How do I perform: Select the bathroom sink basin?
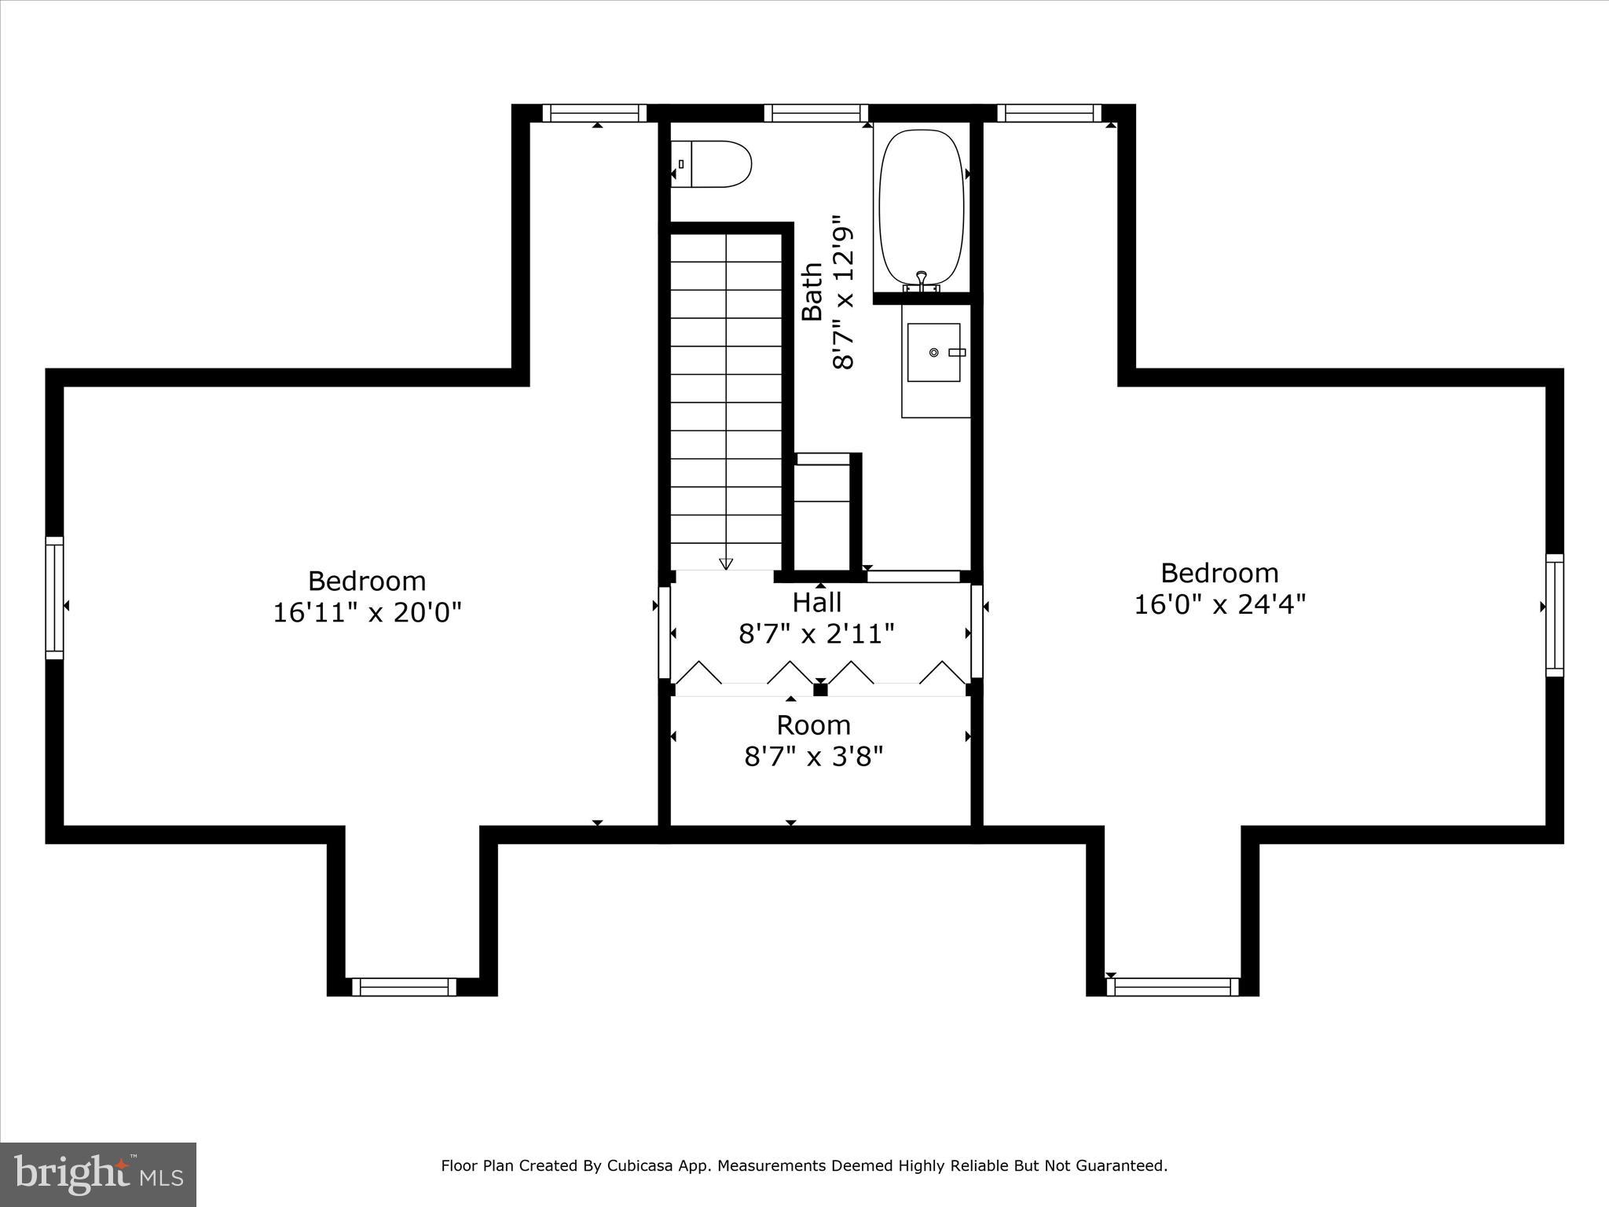933,352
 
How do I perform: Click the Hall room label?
816,602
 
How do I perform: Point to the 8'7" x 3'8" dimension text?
814,756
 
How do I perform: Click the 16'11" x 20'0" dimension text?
367,612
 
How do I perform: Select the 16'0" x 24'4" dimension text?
1219,604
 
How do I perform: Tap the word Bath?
812,292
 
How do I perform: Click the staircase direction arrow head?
726,563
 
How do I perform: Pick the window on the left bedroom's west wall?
54,598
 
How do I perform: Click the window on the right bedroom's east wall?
1554,615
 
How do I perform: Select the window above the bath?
816,113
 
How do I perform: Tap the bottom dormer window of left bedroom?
404,987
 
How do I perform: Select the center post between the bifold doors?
820,690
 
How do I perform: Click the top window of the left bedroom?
595,113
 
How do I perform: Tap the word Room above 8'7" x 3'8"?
814,725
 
